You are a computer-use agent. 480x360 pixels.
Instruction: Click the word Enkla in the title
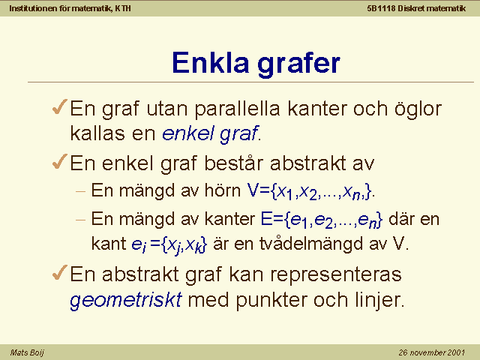point(210,63)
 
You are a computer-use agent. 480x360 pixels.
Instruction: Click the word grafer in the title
point(298,65)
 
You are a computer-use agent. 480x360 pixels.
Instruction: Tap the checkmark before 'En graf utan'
point(60,106)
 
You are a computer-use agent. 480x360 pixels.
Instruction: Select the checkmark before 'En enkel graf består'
point(60,161)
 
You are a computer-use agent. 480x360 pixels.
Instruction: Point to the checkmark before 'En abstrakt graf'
point(60,272)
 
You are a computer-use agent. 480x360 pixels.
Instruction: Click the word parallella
point(238,109)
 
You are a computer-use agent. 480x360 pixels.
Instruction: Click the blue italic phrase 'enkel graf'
point(210,134)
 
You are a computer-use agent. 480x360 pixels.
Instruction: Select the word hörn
point(223,190)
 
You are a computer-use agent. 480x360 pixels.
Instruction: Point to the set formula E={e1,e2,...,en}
point(322,220)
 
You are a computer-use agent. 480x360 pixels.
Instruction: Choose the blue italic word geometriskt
point(126,300)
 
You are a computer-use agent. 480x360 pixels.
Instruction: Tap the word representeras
point(336,274)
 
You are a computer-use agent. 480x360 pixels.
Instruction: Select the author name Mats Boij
point(27,352)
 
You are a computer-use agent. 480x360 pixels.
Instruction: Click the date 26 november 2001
point(432,352)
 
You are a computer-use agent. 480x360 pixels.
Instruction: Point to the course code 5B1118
point(381,8)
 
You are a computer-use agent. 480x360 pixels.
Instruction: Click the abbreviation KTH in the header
point(123,8)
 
